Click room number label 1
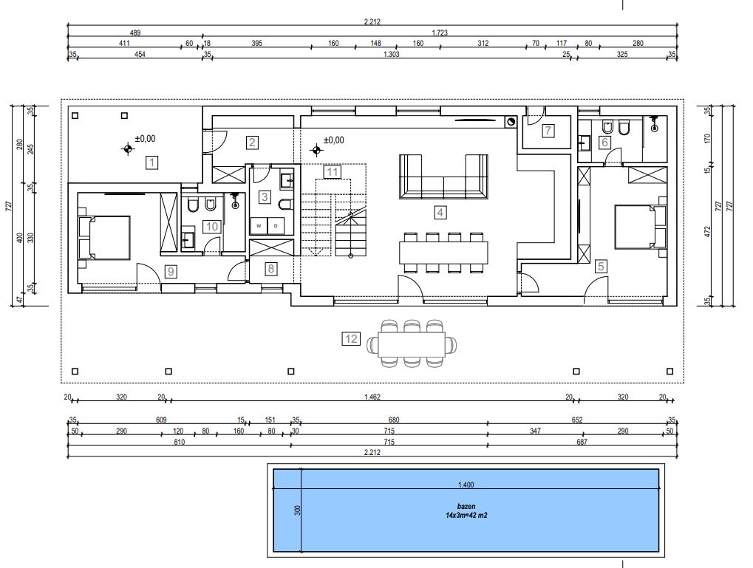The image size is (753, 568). (151, 162)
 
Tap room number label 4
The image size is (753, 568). (440, 212)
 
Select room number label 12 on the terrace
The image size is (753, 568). (350, 338)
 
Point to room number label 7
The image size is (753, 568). (548, 130)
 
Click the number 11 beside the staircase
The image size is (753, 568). (333, 171)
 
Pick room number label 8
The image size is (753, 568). (271, 268)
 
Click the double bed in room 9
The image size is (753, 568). (105, 238)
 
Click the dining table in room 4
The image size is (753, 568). (443, 252)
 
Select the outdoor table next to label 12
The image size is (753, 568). (412, 344)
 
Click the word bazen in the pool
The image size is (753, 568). (466, 506)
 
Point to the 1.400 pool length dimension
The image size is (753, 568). (466, 485)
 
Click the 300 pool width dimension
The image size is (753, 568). (297, 510)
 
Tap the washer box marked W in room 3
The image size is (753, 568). (259, 226)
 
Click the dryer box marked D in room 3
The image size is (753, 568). (276, 226)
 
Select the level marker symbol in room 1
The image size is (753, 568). (127, 149)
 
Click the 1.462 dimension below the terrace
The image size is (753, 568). (372, 397)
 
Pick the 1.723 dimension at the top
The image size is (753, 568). (440, 32)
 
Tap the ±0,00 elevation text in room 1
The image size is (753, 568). (145, 139)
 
